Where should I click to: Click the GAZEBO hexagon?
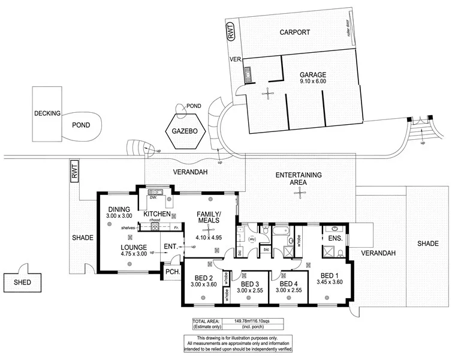coord(185,131)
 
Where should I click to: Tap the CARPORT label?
coord(295,32)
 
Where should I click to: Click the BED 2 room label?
coord(204,277)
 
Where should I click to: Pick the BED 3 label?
coord(249,284)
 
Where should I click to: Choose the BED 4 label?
coord(288,284)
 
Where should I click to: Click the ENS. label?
coord(336,238)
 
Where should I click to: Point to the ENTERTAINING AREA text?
coord(299,178)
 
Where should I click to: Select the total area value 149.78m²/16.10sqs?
coord(246,322)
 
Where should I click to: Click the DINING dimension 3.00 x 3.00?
coord(119,215)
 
